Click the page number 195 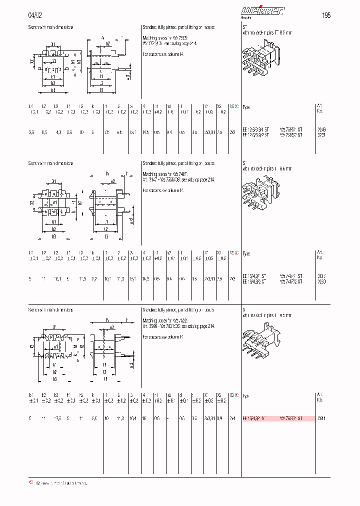point(325,15)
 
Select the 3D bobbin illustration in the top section point(259,59)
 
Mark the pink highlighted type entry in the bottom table point(278,418)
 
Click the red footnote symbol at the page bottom point(31,483)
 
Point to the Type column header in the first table point(246,107)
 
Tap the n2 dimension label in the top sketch point(107,43)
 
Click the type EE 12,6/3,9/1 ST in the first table point(255,129)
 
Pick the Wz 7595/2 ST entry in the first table point(291,135)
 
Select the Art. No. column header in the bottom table point(320,397)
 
